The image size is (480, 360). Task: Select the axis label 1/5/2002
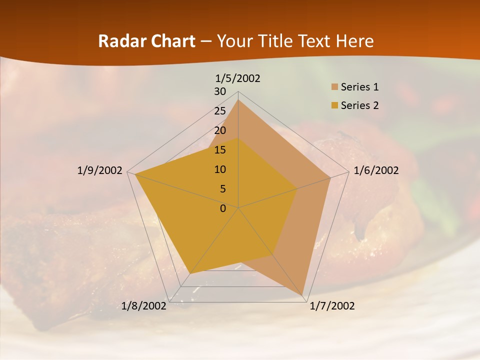[x=238, y=78]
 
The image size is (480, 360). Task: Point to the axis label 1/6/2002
[x=376, y=170]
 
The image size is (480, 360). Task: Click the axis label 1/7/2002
[x=332, y=306]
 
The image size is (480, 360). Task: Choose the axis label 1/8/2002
[x=144, y=306]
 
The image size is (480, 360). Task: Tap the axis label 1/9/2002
[x=100, y=170]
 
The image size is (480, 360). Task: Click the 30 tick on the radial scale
[x=220, y=91]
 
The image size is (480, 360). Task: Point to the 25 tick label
[x=220, y=111]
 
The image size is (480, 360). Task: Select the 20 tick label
[x=220, y=130]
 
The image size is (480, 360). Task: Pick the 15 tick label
[x=220, y=150]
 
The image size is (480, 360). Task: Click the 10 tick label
[x=220, y=169]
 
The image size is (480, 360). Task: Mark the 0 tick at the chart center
[x=223, y=208]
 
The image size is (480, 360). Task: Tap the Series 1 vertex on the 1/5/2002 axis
[x=238, y=100]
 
